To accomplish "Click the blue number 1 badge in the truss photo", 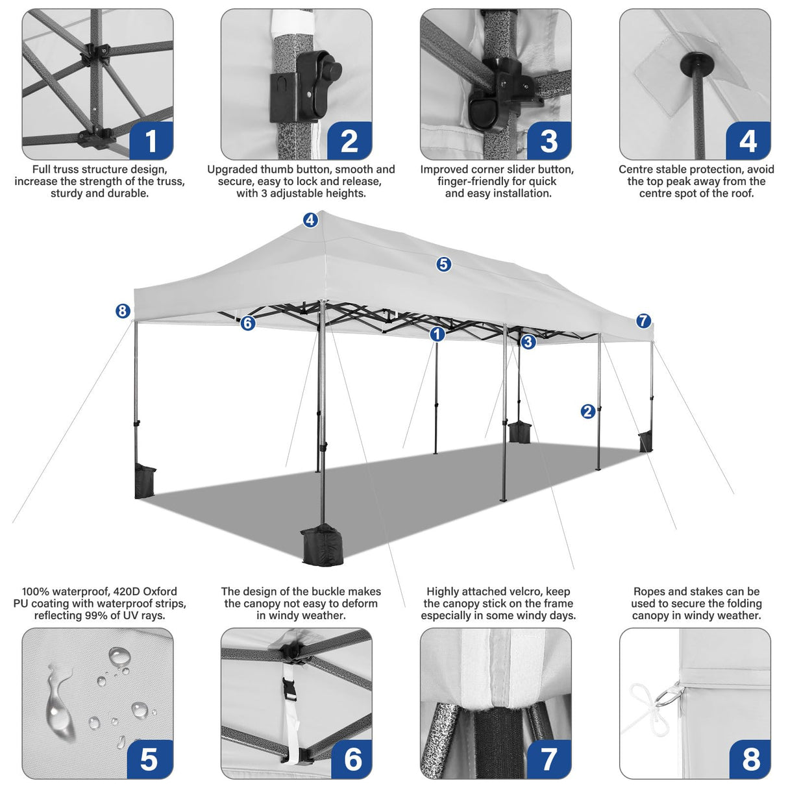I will (x=151, y=140).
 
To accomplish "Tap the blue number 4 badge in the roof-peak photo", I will (x=748, y=140).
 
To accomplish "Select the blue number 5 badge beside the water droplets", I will (x=149, y=758).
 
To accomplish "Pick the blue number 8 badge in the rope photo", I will (x=750, y=758).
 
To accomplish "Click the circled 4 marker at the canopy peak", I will (x=310, y=220).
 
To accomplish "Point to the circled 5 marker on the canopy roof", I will (x=443, y=264).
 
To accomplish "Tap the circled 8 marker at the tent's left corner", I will (x=123, y=311).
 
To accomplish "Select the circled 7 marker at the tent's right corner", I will (x=643, y=321).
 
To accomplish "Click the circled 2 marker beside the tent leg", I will (x=588, y=411).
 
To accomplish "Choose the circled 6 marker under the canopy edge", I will (x=248, y=323).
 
